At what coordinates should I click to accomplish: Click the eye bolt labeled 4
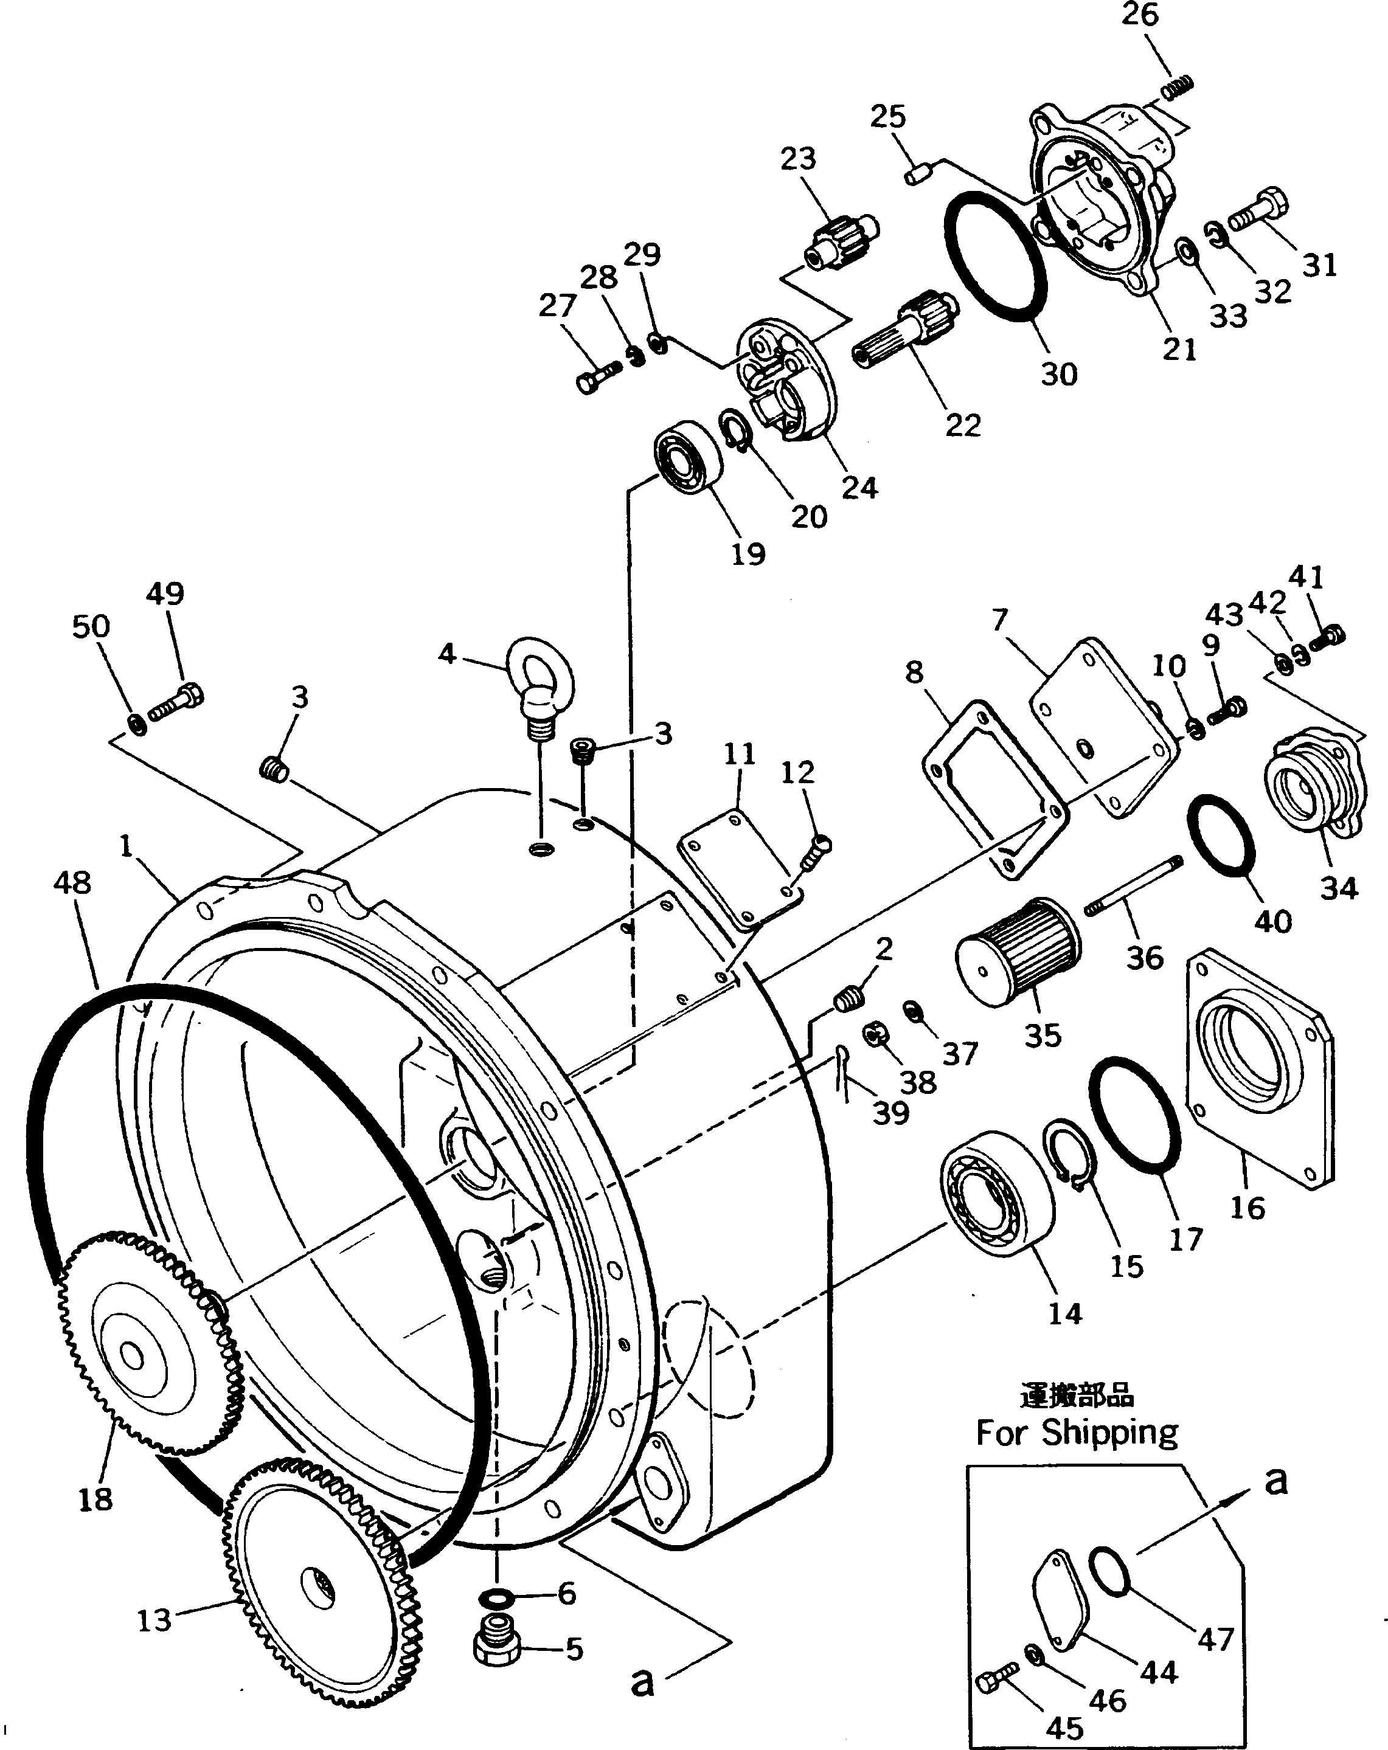pos(539,680)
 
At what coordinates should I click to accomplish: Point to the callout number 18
pos(95,1499)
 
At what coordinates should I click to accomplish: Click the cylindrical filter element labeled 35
pos(1017,950)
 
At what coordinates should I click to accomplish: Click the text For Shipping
pos(1077,1433)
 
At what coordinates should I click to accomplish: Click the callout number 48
pos(72,882)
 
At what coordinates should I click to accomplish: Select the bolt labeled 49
pos(175,705)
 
